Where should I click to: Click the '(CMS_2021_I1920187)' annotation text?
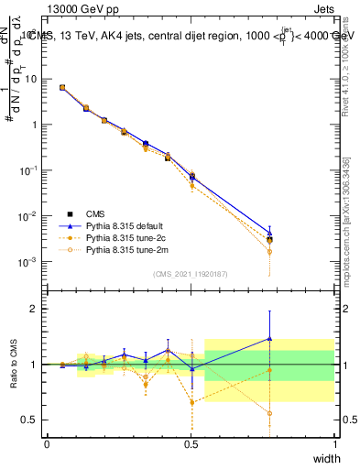pyautogui.click(x=191, y=274)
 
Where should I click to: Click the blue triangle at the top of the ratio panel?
pyautogui.click(x=269, y=338)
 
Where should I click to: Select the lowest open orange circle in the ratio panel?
pyautogui.click(x=269, y=413)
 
